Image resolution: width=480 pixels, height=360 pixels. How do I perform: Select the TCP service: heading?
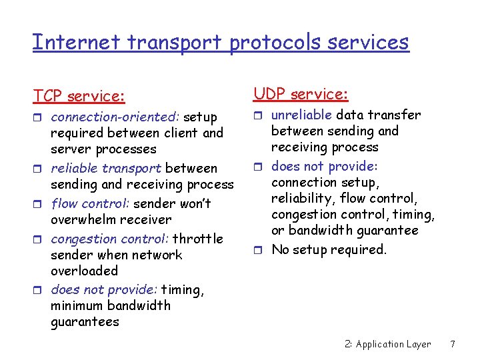coord(79,96)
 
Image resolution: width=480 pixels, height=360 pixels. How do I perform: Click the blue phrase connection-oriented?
coord(115,117)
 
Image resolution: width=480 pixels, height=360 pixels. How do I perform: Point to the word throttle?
coord(198,239)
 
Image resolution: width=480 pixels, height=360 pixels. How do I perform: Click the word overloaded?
coord(84,271)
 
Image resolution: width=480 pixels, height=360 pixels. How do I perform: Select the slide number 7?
coord(453,344)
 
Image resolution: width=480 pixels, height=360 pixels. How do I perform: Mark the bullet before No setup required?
coord(259,250)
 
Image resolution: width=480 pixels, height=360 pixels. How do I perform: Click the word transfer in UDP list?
coord(397,115)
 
